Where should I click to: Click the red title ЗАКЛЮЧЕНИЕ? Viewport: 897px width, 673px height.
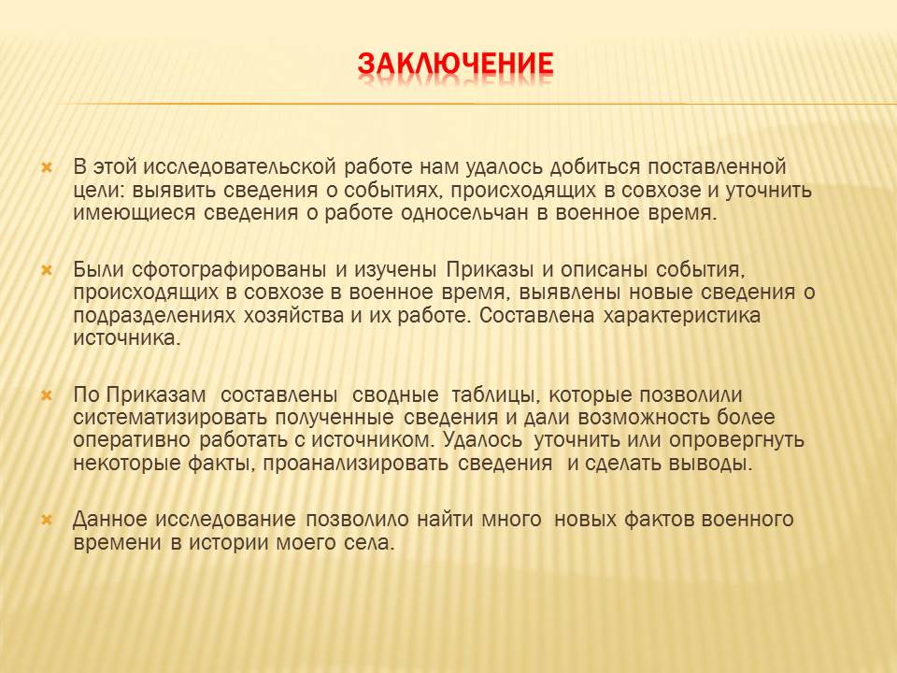point(455,64)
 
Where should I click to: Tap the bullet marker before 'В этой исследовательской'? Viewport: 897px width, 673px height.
point(47,168)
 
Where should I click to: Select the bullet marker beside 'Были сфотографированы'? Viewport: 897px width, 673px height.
point(47,270)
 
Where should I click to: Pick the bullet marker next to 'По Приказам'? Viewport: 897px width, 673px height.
point(47,395)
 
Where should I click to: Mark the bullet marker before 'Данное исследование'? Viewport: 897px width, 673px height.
point(47,521)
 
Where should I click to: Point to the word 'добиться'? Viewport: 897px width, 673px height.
point(595,167)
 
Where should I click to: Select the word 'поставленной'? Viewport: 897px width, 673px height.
point(717,167)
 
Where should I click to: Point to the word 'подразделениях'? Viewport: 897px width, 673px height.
point(154,316)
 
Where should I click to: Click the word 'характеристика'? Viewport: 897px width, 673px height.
point(682,315)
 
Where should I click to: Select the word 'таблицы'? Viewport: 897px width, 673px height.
point(495,395)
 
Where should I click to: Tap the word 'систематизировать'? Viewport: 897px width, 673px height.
point(170,418)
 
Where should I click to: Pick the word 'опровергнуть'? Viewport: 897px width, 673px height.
point(737,440)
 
